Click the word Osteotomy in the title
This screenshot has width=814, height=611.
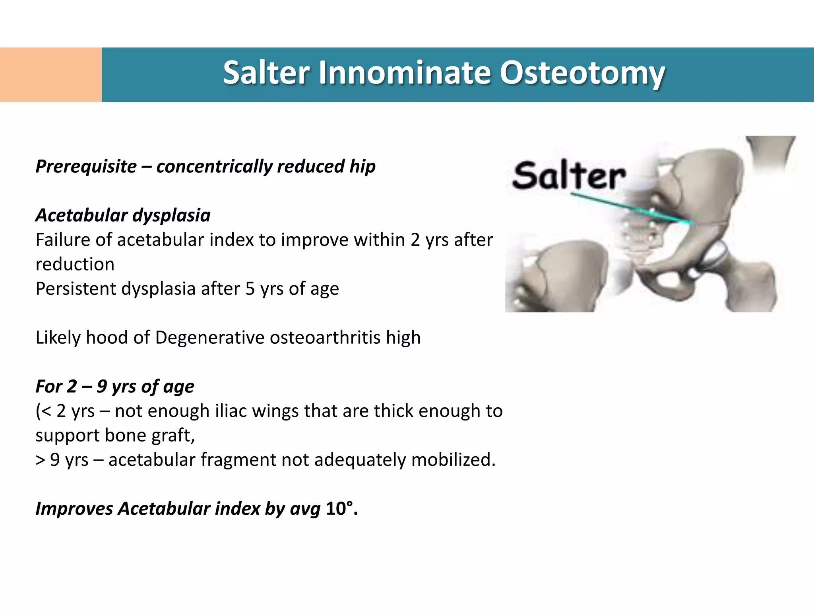pyautogui.click(x=582, y=74)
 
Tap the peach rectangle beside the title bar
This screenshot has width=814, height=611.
pyautogui.click(x=50, y=74)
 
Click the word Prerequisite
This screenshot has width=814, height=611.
pyautogui.click(x=86, y=166)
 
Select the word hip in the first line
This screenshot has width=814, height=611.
pyautogui.click(x=362, y=166)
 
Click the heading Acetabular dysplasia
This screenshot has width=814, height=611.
pyautogui.click(x=123, y=215)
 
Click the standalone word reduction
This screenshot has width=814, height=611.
pyautogui.click(x=75, y=265)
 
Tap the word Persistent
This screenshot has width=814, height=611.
pyautogui.click(x=76, y=289)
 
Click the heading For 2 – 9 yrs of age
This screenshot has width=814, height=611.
pyautogui.click(x=115, y=387)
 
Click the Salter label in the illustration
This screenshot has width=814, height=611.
pyautogui.click(x=568, y=175)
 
